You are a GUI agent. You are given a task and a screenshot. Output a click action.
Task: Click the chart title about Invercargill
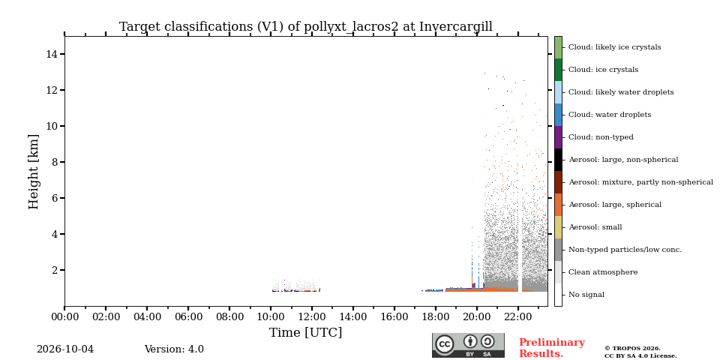click(x=306, y=27)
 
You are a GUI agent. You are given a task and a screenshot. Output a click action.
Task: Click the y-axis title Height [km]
click(x=34, y=172)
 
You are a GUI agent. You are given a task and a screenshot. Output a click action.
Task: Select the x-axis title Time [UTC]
click(x=306, y=332)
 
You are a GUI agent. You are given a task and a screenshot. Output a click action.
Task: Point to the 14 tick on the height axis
click(x=54, y=54)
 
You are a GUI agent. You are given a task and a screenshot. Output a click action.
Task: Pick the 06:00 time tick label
click(x=189, y=316)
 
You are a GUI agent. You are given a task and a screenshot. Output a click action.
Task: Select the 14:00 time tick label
click(x=353, y=316)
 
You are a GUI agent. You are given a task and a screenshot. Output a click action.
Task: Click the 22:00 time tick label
click(x=518, y=316)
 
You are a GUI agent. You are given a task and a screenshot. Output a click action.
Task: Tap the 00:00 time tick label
click(x=64, y=316)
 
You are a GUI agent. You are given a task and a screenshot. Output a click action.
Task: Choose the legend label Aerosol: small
click(x=595, y=227)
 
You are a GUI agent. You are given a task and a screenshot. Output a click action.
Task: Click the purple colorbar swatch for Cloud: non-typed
click(x=558, y=137)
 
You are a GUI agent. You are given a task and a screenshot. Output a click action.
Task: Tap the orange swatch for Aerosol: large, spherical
click(x=558, y=205)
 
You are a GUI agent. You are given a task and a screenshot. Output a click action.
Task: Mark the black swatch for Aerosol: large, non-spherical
click(x=558, y=160)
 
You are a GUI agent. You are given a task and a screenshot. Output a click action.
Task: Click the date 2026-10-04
click(x=65, y=349)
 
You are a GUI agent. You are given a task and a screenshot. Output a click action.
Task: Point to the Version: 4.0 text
click(x=174, y=349)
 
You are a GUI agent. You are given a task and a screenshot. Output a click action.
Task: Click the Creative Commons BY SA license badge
click(x=468, y=345)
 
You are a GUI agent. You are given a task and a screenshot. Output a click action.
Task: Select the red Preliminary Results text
click(x=552, y=348)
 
